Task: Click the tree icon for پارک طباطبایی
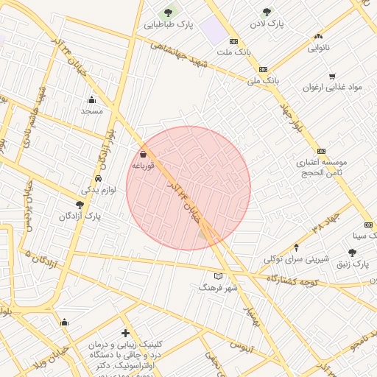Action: point(168,13)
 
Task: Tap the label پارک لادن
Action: point(266,24)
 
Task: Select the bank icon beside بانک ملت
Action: point(234,42)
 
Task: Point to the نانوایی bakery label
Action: point(319,47)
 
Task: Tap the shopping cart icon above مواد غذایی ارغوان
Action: point(332,76)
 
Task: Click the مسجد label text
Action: point(92,110)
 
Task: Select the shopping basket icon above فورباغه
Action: point(142,155)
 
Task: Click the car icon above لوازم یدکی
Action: point(98,179)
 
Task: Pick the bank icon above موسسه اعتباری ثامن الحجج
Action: point(321,150)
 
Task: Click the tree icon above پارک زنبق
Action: point(352,252)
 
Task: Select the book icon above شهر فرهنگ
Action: point(217,276)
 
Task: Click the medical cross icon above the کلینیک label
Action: point(125,334)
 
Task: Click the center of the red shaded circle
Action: point(188,188)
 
